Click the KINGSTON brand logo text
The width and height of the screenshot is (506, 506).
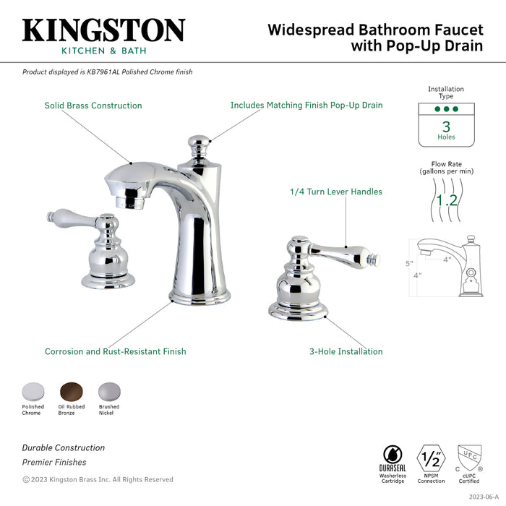[x=103, y=30]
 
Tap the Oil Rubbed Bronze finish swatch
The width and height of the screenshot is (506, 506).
[x=71, y=391]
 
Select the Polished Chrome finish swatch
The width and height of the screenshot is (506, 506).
[x=33, y=391]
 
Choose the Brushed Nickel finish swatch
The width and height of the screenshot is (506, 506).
[x=108, y=391]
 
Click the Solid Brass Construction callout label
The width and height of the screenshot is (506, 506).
[x=93, y=106]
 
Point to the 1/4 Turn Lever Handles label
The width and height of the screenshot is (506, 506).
[x=335, y=192]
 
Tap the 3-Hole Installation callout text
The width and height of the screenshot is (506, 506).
[x=346, y=352]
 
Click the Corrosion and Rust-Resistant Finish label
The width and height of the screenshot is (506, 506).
[x=115, y=352]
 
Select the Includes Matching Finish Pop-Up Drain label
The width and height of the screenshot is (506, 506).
[x=306, y=106]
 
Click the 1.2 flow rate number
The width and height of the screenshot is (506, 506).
[x=446, y=200]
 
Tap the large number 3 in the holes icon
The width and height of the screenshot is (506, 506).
[x=446, y=126]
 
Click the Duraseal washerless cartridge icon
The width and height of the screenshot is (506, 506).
[x=393, y=456]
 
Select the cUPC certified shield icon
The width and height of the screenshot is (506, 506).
[x=469, y=457]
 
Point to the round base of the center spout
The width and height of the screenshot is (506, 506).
[x=200, y=296]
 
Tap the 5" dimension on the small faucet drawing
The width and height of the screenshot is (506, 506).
[x=408, y=263]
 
